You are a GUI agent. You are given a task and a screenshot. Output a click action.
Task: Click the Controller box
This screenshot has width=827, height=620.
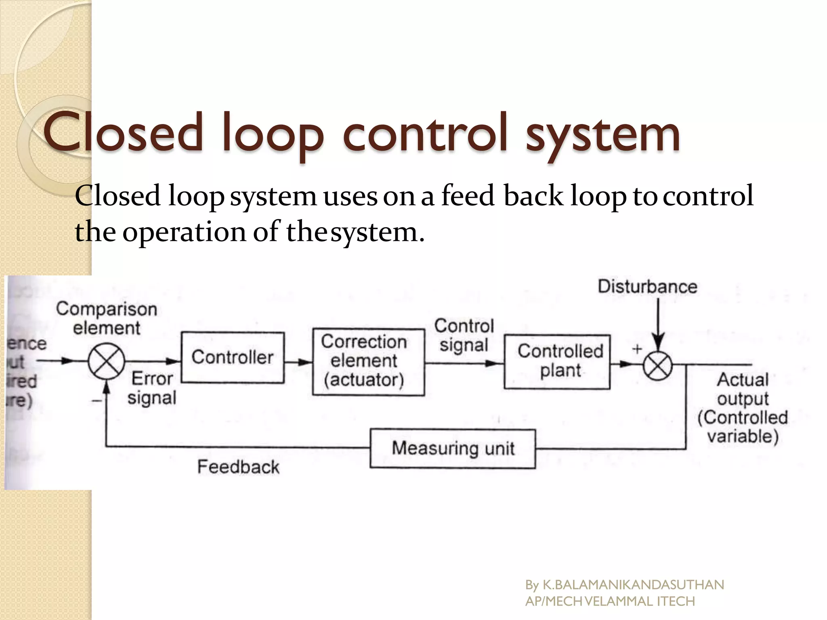(x=233, y=358)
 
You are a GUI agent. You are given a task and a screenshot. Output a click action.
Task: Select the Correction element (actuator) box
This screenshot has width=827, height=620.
(x=368, y=362)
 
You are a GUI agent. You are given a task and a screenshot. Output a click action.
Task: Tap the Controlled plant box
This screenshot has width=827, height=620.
(x=557, y=362)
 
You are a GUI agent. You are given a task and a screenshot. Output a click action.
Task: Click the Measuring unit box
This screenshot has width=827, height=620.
(x=453, y=448)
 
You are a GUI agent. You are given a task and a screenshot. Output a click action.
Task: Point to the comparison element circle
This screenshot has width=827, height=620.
(x=107, y=362)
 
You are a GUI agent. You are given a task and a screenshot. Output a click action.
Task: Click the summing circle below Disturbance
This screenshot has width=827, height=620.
(x=657, y=366)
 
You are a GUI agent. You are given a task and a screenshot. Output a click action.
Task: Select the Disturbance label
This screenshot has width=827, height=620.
(x=647, y=287)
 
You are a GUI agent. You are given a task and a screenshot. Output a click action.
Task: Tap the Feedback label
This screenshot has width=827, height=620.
(x=238, y=467)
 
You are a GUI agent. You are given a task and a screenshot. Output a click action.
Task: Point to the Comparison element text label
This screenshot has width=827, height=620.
(x=107, y=318)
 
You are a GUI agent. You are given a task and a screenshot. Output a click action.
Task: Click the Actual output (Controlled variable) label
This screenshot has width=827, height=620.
(x=743, y=408)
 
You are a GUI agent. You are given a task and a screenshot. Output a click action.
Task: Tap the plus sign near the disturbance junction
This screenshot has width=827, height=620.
(x=637, y=349)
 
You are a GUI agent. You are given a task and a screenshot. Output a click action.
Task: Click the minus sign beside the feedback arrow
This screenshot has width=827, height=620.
(x=97, y=400)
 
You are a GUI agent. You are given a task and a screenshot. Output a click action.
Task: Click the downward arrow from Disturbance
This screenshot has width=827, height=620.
(x=658, y=323)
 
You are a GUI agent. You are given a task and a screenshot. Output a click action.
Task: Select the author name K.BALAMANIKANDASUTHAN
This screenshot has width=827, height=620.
(x=633, y=584)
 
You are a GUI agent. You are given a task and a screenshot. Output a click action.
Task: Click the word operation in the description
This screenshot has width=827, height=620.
(x=184, y=232)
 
